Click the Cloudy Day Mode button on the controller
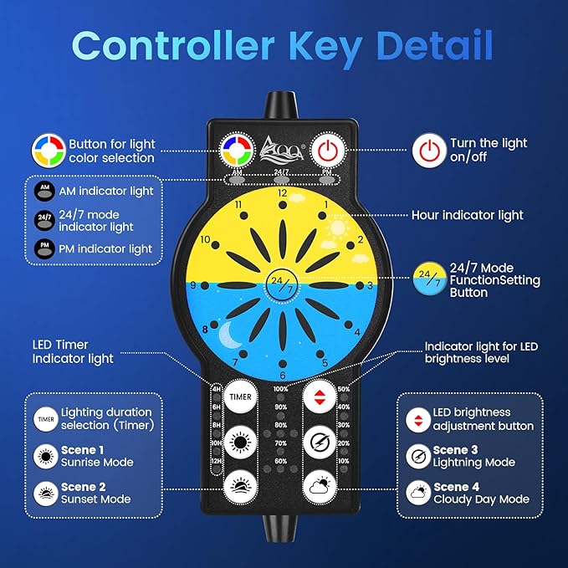pyautogui.click(x=320, y=484)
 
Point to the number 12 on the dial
pyautogui.click(x=282, y=193)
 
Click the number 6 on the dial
pyautogui.click(x=282, y=376)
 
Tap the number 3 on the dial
pyautogui.click(x=370, y=285)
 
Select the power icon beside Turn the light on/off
pyautogui.click(x=427, y=151)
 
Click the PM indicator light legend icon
pyautogui.click(x=43, y=248)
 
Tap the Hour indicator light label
pyautogui.click(x=467, y=215)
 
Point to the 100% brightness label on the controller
pyautogui.click(x=280, y=389)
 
